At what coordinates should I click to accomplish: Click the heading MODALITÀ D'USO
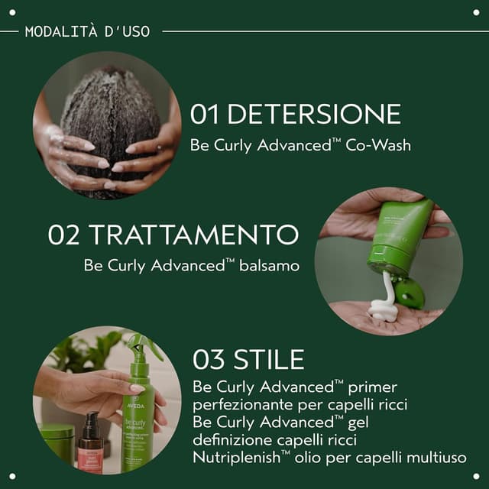tap(87, 31)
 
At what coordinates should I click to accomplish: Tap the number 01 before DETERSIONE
tap(206, 115)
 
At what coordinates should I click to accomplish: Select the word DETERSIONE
tap(314, 115)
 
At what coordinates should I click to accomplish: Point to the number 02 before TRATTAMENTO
tap(64, 235)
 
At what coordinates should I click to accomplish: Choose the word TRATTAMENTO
tap(193, 235)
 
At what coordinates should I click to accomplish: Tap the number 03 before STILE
tap(208, 359)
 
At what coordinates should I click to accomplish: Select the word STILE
tap(268, 359)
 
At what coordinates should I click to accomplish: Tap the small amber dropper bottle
tap(90, 443)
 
